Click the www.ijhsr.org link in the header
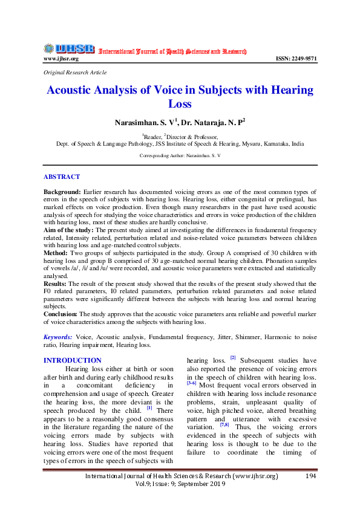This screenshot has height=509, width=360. click(x=61, y=59)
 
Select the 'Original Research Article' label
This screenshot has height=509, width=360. click(x=75, y=73)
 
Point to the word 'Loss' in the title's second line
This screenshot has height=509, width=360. click(x=180, y=104)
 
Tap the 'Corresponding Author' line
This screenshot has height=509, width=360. click(x=180, y=155)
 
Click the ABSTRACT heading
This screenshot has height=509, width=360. click(x=61, y=177)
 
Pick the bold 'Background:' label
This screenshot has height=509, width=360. click(x=62, y=190)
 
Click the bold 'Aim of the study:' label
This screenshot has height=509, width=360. click(x=68, y=230)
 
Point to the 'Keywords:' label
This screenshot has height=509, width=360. click(x=59, y=337)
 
